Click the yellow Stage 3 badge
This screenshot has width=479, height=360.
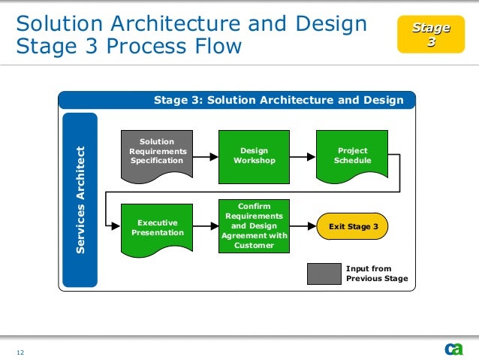pyautogui.click(x=430, y=35)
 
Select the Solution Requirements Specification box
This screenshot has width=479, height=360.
pyautogui.click(x=157, y=153)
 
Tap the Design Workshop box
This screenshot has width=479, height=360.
pyautogui.click(x=253, y=156)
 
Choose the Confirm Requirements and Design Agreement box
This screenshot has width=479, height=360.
pyautogui.click(x=254, y=225)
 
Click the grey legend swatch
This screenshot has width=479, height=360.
pyautogui.click(x=324, y=274)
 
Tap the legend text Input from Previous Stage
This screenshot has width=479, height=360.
pyautogui.click(x=376, y=274)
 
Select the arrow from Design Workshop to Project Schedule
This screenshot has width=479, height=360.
pyautogui.click(x=303, y=157)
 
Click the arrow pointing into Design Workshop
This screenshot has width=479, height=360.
pyautogui.click(x=205, y=157)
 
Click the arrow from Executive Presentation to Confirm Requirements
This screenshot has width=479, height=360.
pyautogui.click(x=205, y=226)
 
